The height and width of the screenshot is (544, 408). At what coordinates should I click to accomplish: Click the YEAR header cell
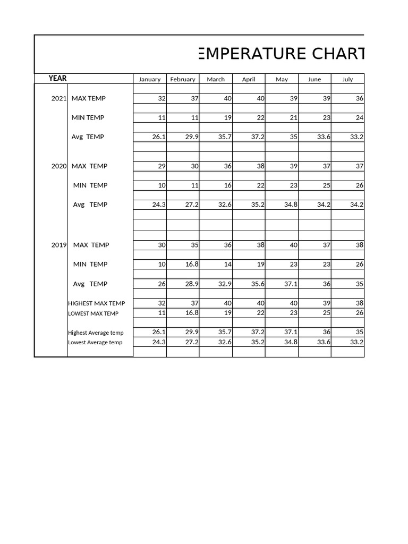tap(57, 79)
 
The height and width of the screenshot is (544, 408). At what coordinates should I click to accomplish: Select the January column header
tap(150, 79)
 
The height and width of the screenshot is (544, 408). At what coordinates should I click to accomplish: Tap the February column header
tap(183, 79)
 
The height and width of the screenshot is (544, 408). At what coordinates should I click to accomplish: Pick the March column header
tap(216, 79)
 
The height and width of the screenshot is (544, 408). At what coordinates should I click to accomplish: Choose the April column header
tap(249, 79)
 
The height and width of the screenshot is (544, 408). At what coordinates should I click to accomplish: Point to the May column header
tap(282, 79)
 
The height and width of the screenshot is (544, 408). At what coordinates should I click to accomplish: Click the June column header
tap(314, 79)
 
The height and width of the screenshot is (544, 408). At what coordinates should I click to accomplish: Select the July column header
tap(347, 79)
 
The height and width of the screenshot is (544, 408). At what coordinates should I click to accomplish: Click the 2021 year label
tap(58, 98)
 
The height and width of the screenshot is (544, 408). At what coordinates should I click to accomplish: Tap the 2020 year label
tap(58, 166)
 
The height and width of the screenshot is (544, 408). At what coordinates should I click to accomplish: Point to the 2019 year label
tap(58, 245)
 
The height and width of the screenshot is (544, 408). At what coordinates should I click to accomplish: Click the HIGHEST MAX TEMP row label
tap(97, 303)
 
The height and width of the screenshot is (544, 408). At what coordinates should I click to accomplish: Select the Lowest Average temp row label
tap(95, 342)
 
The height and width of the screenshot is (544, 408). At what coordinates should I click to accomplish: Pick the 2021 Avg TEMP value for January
tap(159, 137)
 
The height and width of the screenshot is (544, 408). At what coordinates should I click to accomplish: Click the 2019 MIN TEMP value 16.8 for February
tap(192, 264)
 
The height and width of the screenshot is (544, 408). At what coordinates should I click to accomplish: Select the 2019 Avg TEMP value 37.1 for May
tap(291, 284)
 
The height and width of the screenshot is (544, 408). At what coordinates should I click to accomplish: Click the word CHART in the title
tap(338, 54)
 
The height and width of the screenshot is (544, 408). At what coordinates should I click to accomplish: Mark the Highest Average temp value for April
tap(258, 332)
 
